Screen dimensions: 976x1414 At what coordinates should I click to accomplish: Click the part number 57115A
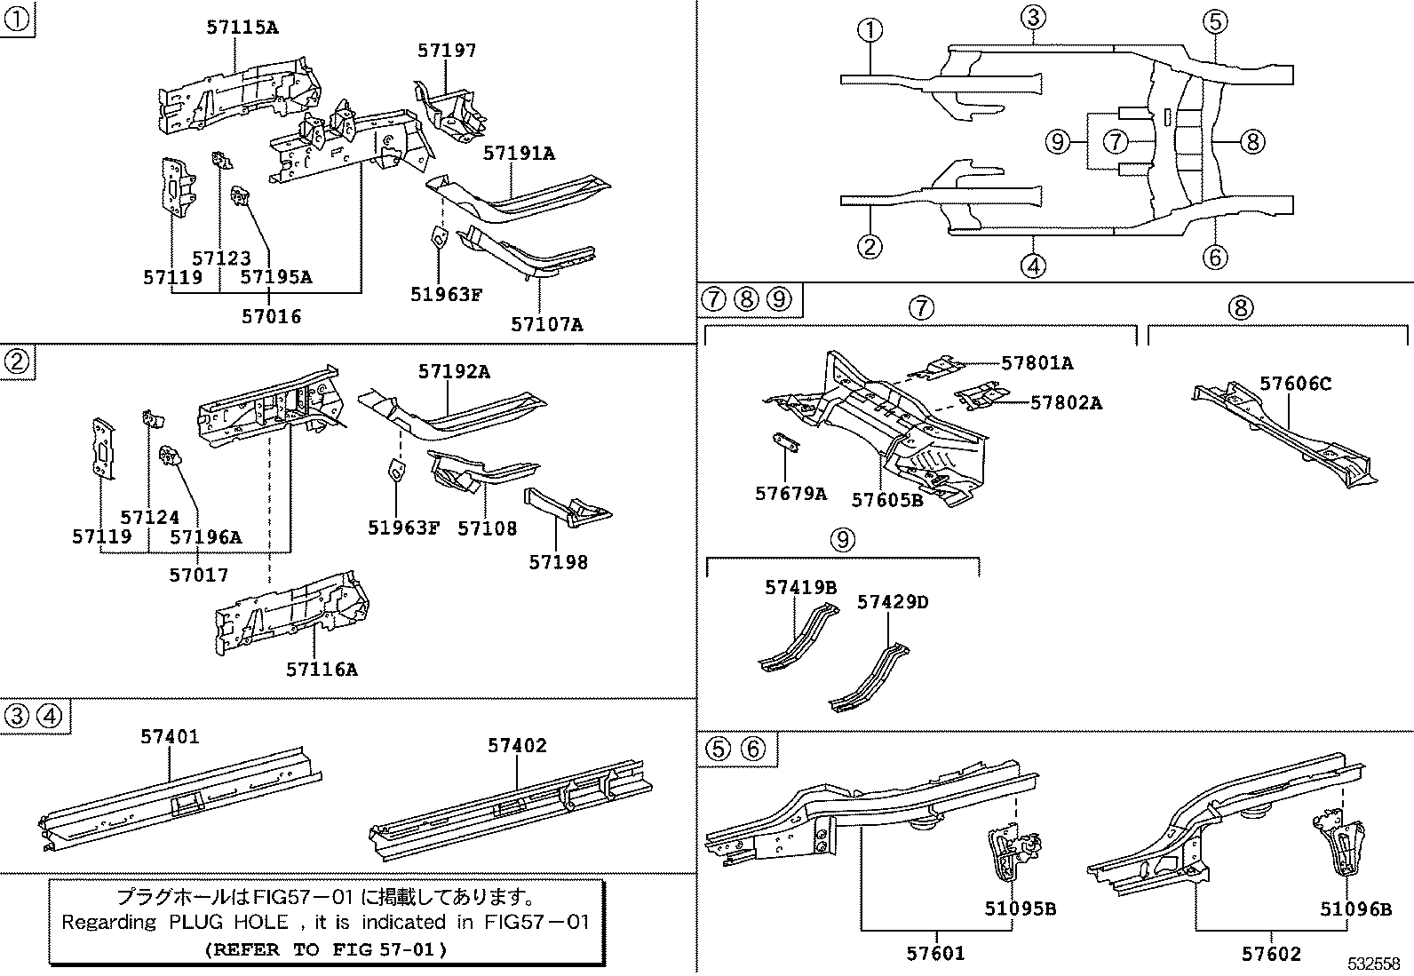(242, 28)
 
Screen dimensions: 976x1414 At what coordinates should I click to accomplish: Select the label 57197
(447, 51)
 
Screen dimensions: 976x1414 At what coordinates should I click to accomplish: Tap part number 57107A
(546, 324)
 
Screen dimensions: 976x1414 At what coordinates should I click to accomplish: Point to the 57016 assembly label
(272, 316)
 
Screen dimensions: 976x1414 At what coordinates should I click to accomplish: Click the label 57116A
(322, 669)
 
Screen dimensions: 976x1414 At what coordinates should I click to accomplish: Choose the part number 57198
(558, 562)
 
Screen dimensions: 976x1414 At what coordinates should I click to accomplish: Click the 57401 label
(170, 736)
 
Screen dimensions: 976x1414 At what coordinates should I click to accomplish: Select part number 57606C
(1296, 384)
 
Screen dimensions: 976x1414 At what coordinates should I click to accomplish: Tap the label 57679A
(790, 494)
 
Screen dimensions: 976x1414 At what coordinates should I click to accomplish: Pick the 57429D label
(892, 602)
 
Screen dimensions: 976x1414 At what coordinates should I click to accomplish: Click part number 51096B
(1354, 909)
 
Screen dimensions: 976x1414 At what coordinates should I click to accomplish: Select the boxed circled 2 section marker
(17, 361)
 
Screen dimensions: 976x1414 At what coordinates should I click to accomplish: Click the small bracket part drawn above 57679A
(784, 442)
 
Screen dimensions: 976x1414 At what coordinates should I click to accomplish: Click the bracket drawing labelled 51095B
(1010, 853)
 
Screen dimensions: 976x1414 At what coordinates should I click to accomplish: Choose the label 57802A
(1066, 403)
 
